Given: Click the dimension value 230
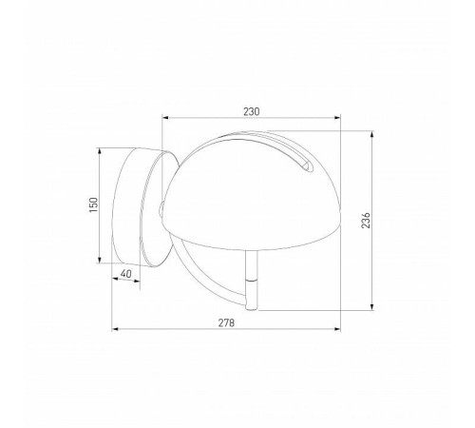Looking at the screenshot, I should tap(251, 111).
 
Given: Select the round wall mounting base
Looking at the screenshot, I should tap(133, 205).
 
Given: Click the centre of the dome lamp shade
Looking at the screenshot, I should tap(252, 185).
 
